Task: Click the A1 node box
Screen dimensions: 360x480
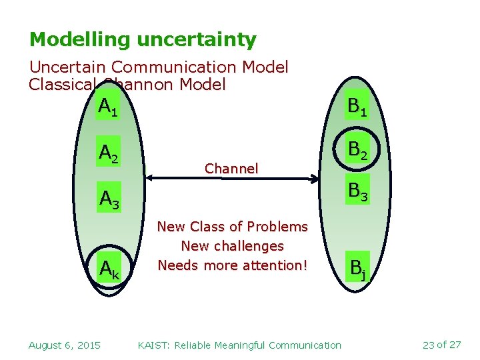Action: tap(108, 107)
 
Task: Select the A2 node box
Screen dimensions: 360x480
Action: tap(109, 153)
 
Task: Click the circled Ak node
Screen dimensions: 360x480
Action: tap(109, 269)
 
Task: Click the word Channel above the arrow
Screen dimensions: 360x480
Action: tap(231, 169)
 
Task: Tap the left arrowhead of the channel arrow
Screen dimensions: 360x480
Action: tap(149, 178)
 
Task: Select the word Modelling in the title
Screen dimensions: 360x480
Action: tap(80, 40)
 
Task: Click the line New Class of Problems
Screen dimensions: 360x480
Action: tap(232, 227)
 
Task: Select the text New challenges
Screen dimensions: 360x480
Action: tap(232, 246)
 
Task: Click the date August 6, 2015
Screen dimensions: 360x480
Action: tap(65, 345)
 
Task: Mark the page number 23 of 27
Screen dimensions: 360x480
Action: tap(441, 345)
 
